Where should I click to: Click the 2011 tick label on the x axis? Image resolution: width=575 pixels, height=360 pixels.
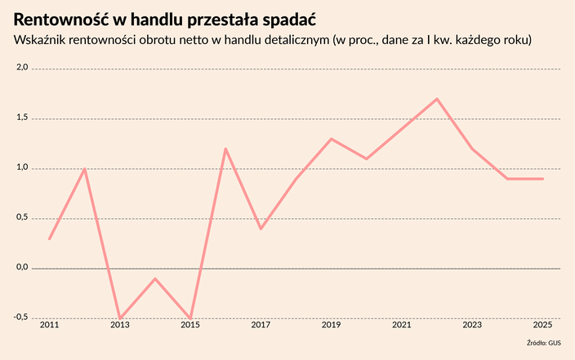49,326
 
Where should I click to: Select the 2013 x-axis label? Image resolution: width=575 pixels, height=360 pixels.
119,326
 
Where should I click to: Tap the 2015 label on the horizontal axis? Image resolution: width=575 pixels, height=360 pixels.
189,326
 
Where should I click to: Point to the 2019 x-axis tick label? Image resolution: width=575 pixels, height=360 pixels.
331,326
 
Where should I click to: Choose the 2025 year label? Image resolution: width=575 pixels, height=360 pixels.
542,326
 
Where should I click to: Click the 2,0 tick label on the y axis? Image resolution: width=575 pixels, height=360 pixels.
22,69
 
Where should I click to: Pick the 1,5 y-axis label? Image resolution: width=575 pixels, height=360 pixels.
22,118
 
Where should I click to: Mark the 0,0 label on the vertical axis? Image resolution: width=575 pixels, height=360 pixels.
22,267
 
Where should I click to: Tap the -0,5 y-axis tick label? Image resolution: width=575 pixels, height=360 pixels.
20,317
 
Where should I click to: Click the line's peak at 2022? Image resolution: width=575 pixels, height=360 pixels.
437,99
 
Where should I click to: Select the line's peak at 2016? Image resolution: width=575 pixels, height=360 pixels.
225,149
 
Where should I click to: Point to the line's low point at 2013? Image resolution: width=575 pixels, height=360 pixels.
119,318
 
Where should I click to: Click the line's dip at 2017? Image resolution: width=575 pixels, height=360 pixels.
261,229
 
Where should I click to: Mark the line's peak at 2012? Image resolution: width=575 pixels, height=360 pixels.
84,169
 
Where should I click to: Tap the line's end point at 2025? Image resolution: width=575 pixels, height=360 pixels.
542,179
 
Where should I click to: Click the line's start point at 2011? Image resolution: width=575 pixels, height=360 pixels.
49,238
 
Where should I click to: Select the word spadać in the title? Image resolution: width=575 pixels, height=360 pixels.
288,19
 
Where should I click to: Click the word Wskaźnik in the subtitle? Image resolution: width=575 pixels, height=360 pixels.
41,40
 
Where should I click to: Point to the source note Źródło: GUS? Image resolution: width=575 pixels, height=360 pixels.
543,344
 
